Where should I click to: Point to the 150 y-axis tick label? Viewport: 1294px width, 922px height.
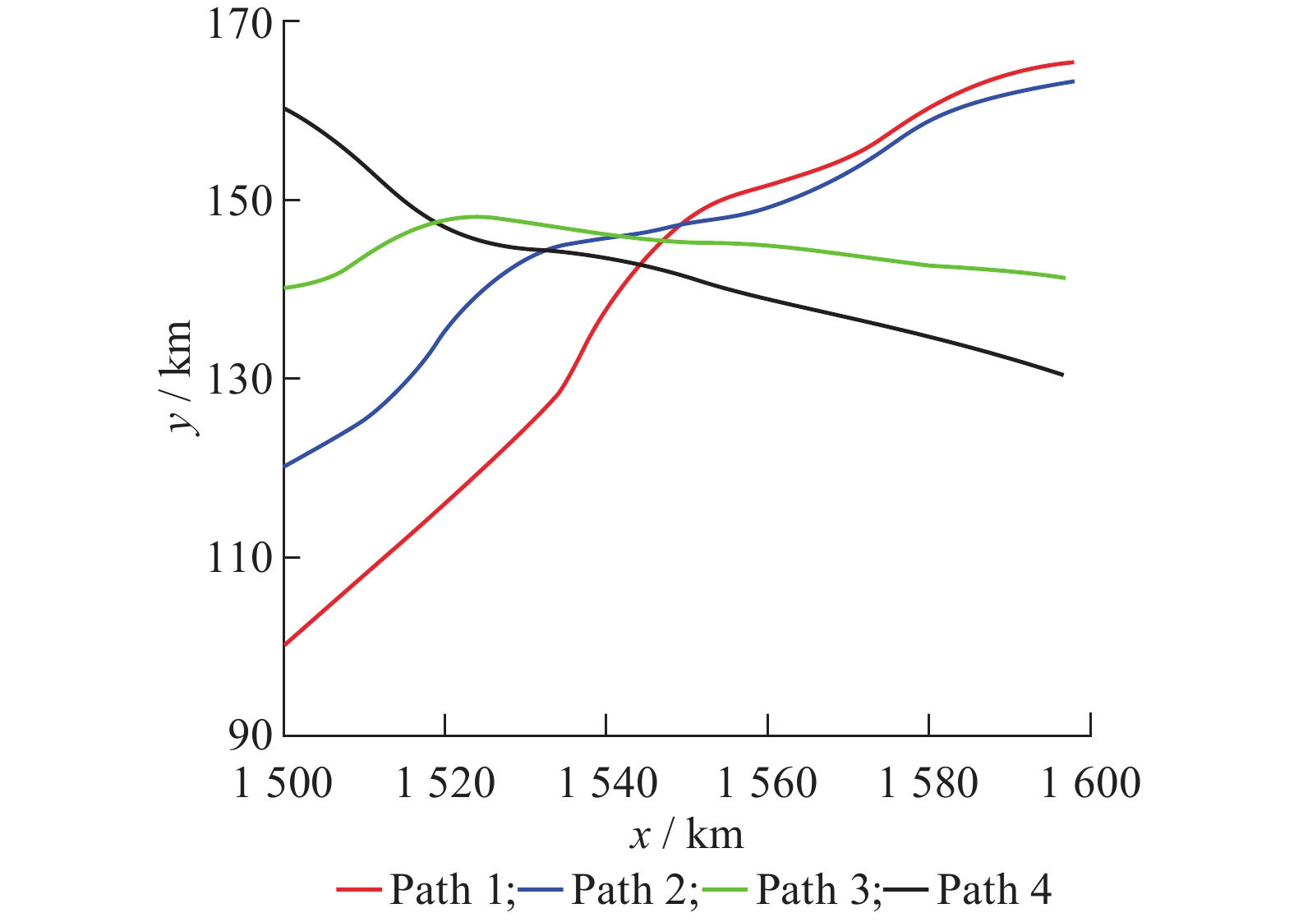[238, 201]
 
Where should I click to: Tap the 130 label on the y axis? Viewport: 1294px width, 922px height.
[238, 380]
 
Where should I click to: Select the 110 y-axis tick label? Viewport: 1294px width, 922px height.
[238, 559]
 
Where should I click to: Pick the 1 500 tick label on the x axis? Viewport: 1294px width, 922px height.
[283, 783]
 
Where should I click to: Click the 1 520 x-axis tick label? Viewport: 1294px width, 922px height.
[445, 783]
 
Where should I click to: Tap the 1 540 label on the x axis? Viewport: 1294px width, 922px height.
[607, 783]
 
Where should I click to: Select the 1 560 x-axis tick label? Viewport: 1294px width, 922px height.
[767, 783]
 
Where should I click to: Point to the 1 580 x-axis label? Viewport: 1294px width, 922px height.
[928, 783]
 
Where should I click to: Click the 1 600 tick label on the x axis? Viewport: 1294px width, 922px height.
[1091, 783]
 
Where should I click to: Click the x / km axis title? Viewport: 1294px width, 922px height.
[687, 836]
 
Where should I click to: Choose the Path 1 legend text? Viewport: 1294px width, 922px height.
[452, 889]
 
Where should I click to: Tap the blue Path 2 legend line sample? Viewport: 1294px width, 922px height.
[540, 890]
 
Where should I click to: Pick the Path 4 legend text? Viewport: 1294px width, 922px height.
[993, 889]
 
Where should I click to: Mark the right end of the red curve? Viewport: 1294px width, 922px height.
[1073, 62]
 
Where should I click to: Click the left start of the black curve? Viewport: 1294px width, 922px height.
[284, 108]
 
